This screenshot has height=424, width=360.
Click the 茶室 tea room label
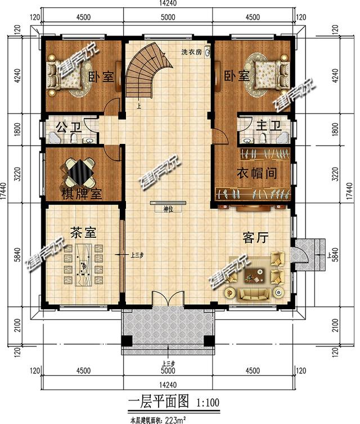tap(83, 232)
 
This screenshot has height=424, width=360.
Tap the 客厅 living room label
tap(255, 238)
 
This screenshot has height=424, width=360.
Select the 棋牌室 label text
tap(81, 195)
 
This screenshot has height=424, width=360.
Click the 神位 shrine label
tap(167, 209)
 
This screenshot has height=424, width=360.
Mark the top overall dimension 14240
tap(168, 4)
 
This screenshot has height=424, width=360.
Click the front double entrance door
tap(168, 301)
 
